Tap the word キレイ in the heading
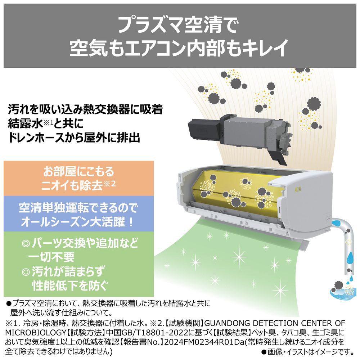[263, 48]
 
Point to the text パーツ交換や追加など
[84, 244]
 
